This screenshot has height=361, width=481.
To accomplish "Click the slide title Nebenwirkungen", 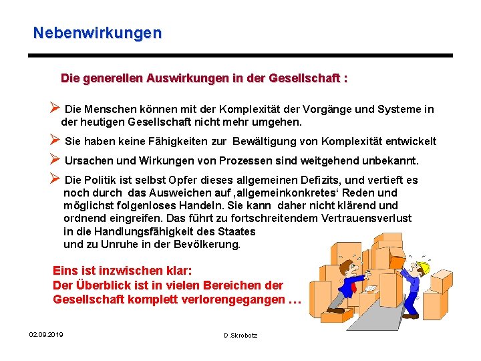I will (98, 32).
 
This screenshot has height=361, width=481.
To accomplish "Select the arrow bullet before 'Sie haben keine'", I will (55, 140).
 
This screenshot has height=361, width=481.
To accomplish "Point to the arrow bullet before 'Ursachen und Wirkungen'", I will (55, 160).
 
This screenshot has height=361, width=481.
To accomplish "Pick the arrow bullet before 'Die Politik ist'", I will (55, 179).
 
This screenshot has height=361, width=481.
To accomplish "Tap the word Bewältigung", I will (276, 141).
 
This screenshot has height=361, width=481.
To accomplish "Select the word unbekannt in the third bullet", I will (389, 160).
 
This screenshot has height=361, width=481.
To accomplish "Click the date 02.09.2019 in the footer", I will (46, 334).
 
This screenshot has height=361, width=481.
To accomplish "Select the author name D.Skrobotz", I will (240, 335).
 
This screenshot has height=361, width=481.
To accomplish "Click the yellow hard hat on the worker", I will (423, 268).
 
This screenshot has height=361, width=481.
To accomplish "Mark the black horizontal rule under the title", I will (240, 55).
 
